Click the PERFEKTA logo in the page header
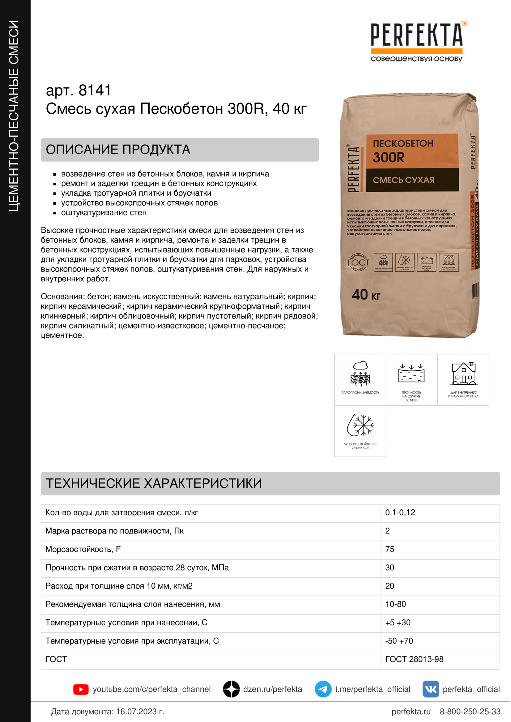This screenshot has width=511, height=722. (416, 41)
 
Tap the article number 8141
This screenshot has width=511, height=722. (95, 90)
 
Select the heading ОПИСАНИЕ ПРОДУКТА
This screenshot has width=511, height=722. (118, 150)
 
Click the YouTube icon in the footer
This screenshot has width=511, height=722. (81, 689)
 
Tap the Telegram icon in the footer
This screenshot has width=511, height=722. (323, 689)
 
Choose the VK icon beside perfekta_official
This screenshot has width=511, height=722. (431, 689)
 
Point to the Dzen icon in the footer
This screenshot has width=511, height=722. (232, 689)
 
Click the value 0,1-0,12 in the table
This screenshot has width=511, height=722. (400, 513)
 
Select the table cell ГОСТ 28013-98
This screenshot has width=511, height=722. (414, 659)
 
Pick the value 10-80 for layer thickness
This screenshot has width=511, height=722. (396, 604)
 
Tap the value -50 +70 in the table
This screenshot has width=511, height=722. (399, 641)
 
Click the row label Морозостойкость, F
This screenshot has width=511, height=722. (83, 549)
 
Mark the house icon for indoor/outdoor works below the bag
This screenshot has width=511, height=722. (463, 374)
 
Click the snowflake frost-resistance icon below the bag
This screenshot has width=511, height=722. (360, 425)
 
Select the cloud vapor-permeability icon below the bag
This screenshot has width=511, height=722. (360, 374)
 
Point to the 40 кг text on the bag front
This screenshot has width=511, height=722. (366, 295)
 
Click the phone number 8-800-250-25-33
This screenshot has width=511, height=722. (470, 712)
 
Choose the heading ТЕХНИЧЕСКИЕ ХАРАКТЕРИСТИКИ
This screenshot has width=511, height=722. (154, 483)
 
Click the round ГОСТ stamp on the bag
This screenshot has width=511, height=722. (358, 262)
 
